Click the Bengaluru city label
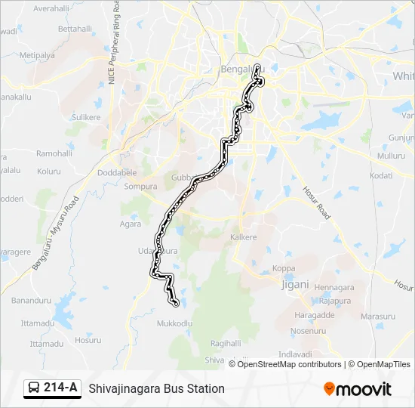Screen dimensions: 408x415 point(237,70)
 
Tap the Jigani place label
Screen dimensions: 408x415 point(295,284)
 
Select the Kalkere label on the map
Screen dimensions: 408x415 point(243,237)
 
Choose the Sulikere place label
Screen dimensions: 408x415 point(85,118)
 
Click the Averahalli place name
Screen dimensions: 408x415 point(51,8)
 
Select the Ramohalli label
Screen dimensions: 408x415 point(54,153)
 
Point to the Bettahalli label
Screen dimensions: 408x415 point(74,29)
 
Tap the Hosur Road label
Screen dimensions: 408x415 point(317,202)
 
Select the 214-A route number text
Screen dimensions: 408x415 point(60,388)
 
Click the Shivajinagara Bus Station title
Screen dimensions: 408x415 point(156,388)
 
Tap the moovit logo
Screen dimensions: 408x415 point(358,389)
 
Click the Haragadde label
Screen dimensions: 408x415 point(315,314)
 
